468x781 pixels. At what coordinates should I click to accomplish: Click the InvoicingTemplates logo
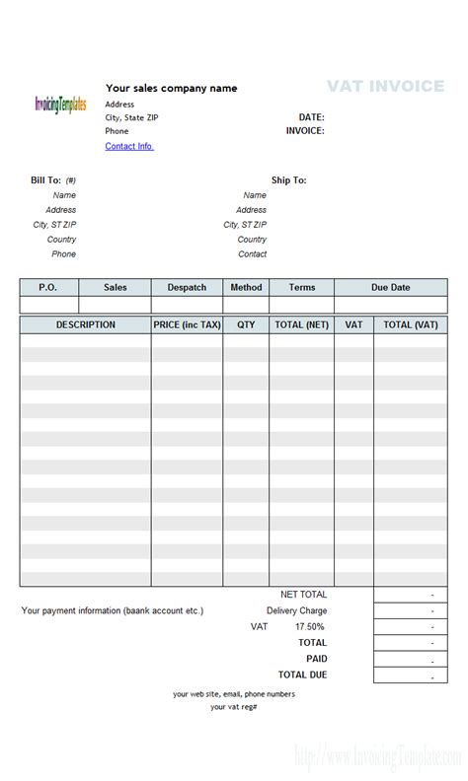(60, 104)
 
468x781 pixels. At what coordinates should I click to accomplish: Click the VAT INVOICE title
(385, 87)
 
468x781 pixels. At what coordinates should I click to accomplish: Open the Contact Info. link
(129, 146)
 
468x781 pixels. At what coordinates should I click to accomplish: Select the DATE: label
(311, 116)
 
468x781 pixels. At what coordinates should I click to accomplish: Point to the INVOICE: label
(305, 130)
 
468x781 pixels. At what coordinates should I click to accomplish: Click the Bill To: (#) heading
(53, 180)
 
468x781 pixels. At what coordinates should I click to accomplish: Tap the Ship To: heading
(288, 180)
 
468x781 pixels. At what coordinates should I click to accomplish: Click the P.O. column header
(47, 287)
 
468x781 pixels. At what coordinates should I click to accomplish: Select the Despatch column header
(187, 287)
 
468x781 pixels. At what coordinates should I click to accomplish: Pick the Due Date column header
(390, 287)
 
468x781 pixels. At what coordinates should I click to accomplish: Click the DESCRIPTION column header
(85, 324)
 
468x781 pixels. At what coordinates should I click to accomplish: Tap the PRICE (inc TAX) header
(187, 324)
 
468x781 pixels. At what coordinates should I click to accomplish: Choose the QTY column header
(246, 324)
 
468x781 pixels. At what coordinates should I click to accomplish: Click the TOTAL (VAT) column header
(410, 324)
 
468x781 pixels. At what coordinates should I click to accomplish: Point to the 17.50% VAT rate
(310, 626)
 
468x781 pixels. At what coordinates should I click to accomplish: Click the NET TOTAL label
(303, 595)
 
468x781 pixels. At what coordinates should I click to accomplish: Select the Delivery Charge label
(296, 610)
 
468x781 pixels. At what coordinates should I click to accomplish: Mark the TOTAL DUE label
(302, 674)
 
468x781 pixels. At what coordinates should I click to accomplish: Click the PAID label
(316, 658)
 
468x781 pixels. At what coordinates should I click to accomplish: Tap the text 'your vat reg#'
(234, 706)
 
